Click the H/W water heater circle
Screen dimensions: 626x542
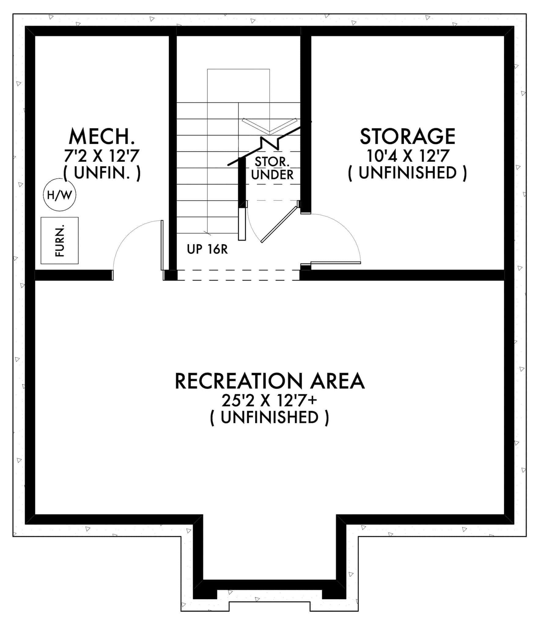click(60, 195)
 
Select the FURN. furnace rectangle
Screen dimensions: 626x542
click(60, 241)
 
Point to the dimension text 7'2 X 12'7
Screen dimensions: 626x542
click(102, 156)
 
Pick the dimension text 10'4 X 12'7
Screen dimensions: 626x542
click(407, 156)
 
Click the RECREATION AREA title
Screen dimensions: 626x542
click(270, 381)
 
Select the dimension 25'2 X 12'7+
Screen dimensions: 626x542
click(269, 401)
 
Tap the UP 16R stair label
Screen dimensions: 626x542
click(207, 250)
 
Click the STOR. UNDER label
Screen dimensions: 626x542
click(272, 168)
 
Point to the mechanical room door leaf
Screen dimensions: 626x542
click(162, 245)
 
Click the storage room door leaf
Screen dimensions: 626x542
click(335, 263)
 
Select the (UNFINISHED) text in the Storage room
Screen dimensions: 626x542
click(407, 173)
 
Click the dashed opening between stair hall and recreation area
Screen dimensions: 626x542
click(238, 275)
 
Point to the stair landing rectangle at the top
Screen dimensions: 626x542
click(238, 86)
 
